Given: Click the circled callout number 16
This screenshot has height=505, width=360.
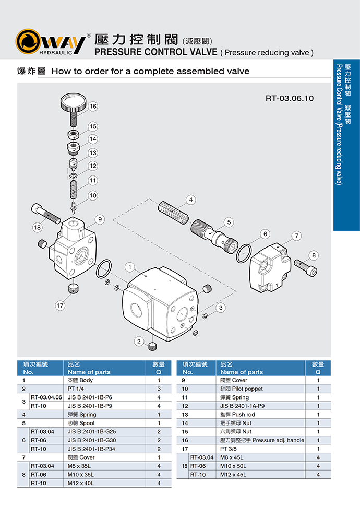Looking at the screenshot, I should [93, 107].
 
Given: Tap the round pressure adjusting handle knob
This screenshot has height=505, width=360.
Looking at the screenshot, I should [73, 100].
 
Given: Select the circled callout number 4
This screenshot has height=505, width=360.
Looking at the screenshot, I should [191, 199].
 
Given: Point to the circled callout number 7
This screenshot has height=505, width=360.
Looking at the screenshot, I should [297, 236].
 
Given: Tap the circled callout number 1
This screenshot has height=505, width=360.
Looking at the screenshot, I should [129, 267].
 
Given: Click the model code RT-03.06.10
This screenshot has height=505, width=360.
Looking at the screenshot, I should [290, 98].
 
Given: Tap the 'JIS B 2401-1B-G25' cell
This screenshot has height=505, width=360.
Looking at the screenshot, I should [88, 431].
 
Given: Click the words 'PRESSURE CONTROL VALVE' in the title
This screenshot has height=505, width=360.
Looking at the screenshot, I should [155, 52].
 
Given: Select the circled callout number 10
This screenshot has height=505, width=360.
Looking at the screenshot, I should [93, 196].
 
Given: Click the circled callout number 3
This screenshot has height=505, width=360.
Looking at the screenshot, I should [221, 308].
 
